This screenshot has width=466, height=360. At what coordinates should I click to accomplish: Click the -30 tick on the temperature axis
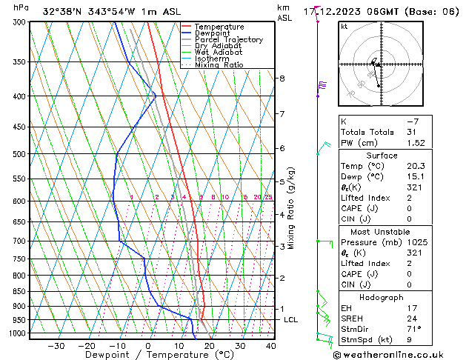pos(56,346)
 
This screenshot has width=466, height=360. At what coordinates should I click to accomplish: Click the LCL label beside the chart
pos(290,320)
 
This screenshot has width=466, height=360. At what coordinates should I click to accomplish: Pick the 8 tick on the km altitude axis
pos(282,78)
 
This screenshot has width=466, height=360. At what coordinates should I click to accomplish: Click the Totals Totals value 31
pos(412,132)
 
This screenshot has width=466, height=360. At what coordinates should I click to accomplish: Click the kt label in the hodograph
pos(344,27)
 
